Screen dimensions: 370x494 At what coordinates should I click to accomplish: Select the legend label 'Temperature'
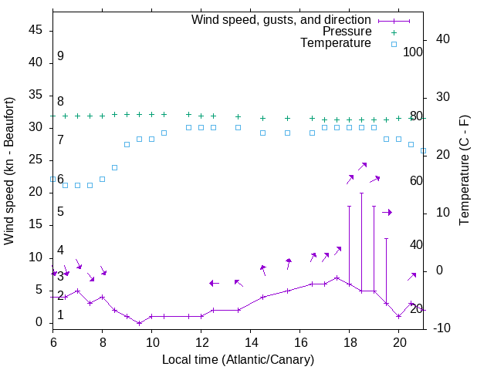(336, 43)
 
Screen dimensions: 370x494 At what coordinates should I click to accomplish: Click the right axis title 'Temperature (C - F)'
(464, 170)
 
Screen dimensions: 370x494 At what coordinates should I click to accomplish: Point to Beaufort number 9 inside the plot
(60, 56)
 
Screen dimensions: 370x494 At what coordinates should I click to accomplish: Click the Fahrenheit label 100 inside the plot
(413, 52)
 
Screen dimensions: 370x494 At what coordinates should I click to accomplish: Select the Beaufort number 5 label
(60, 212)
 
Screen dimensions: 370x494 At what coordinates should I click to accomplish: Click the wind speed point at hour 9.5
(140, 323)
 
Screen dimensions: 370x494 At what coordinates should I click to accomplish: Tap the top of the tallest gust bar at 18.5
(361, 193)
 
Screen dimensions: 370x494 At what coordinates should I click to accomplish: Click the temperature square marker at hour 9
(127, 144)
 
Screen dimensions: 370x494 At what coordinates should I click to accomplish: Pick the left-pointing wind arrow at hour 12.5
(214, 283)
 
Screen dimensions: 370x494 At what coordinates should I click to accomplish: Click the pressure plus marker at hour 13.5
(239, 116)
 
